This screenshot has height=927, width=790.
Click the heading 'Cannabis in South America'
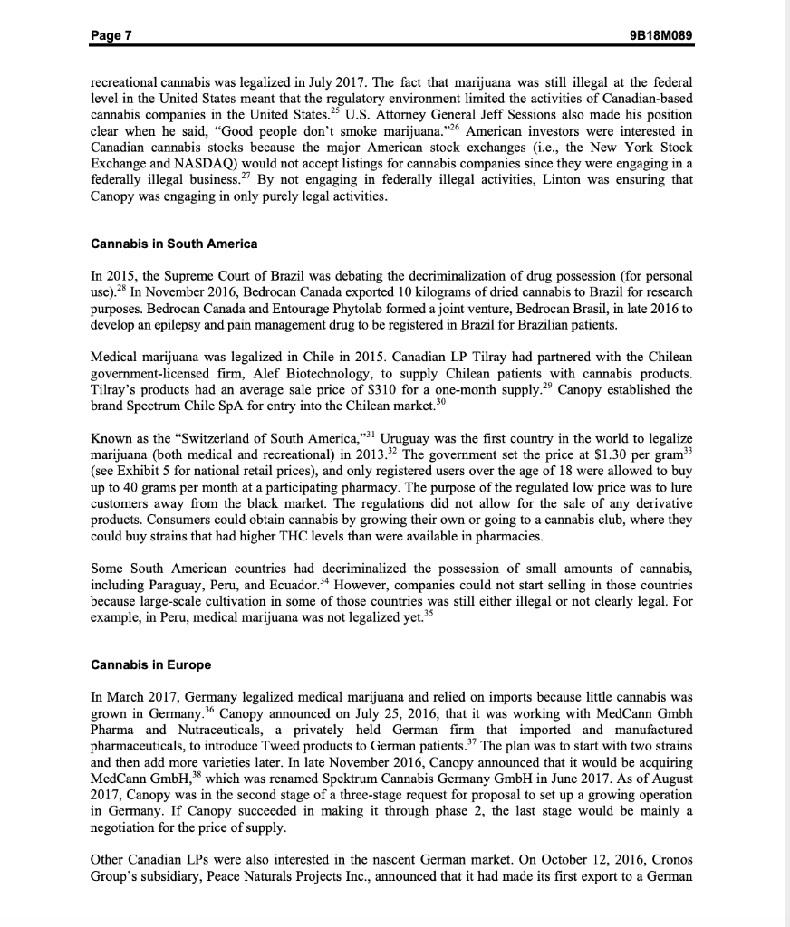click(175, 244)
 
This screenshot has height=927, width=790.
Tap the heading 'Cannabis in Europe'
click(151, 664)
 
